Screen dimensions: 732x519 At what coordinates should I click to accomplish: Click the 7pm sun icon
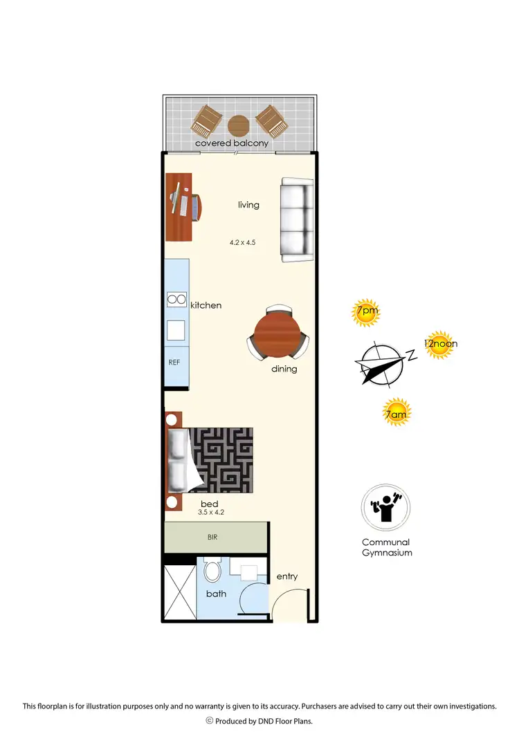point(366,312)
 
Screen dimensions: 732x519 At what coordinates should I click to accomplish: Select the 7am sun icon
point(397,413)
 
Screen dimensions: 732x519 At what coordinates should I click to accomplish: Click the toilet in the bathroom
point(213,572)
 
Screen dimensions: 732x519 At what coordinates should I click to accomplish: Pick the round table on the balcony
point(239,126)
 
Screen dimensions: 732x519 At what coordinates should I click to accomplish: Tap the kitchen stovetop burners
point(176,300)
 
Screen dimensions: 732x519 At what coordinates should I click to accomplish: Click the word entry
point(287,576)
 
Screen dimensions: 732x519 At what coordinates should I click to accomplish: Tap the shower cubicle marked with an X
point(179,592)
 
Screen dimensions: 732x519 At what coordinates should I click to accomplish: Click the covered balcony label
point(231,143)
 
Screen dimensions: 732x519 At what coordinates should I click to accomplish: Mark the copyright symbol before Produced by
point(210,720)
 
